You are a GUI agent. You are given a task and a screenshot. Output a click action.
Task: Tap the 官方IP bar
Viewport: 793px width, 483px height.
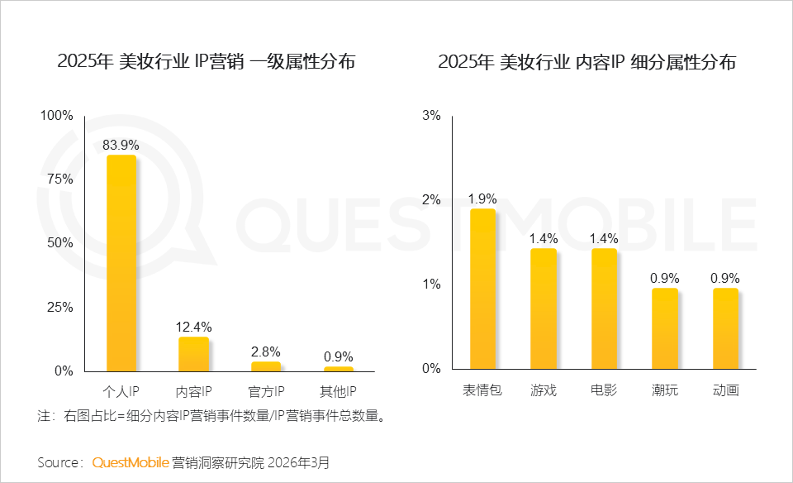point(266,366)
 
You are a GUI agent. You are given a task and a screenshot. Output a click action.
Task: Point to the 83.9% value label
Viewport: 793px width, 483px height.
point(121,145)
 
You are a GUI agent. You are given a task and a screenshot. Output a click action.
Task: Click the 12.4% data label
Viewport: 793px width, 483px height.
point(193,327)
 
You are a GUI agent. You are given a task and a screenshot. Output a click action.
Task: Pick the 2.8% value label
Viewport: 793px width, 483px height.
point(266,351)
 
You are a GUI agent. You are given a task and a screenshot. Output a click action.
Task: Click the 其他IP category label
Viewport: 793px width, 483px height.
point(338,390)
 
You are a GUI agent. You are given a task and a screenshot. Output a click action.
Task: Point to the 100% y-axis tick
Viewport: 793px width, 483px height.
point(57,116)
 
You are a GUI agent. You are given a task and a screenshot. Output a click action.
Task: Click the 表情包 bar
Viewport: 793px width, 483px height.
point(482,289)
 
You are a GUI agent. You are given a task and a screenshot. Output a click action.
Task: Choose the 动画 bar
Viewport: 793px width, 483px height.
point(725,328)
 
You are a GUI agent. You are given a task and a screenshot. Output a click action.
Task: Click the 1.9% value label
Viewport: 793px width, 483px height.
point(482,198)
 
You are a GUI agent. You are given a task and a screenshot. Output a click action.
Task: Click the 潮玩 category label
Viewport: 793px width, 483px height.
point(664,390)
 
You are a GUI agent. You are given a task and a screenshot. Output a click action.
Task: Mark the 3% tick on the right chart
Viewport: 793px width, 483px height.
point(431,116)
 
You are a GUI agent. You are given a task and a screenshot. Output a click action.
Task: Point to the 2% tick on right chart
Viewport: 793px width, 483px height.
point(431,200)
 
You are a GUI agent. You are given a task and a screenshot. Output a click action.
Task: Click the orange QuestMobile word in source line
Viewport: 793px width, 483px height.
point(131,462)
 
